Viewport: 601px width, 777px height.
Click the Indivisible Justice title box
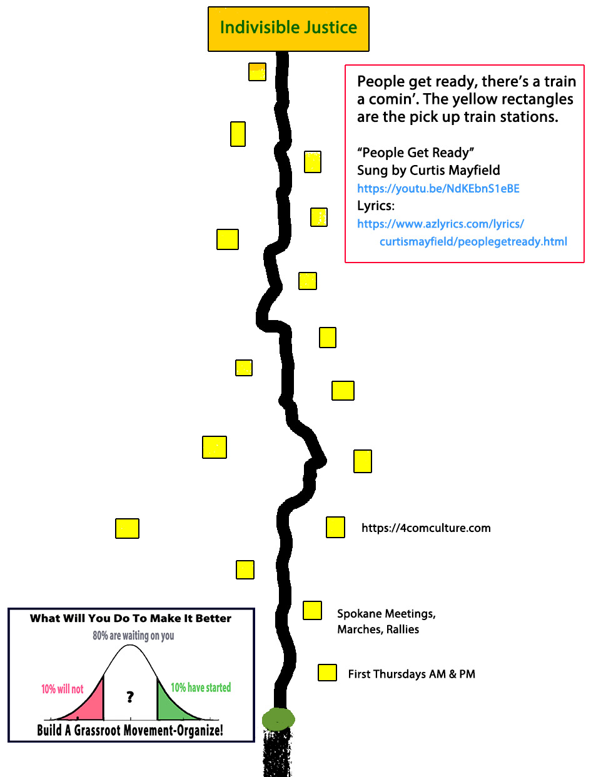pos(288,29)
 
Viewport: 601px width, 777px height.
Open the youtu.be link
pos(438,189)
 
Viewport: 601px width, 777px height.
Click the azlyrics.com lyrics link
pos(440,224)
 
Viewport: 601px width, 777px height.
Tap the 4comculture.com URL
pos(426,528)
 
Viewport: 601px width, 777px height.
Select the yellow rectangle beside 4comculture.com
pos(335,527)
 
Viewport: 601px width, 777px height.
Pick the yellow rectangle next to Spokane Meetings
pos(312,610)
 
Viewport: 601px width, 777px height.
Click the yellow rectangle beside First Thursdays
pos(327,673)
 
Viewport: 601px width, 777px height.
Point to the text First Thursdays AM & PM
pos(412,674)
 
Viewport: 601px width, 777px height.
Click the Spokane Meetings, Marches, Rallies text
pos(386,621)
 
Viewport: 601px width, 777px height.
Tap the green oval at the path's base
pos(278,719)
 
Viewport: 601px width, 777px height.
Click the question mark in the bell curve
pos(130,696)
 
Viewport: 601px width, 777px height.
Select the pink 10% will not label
pos(62,689)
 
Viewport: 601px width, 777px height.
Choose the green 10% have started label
pos(201,688)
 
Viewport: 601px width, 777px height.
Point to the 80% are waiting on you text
pos(133,636)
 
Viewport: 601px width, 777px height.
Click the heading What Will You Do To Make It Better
pos(131,618)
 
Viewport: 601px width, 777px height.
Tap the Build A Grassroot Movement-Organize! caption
pos(130,730)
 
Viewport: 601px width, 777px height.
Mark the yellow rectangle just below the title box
pos(257,72)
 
